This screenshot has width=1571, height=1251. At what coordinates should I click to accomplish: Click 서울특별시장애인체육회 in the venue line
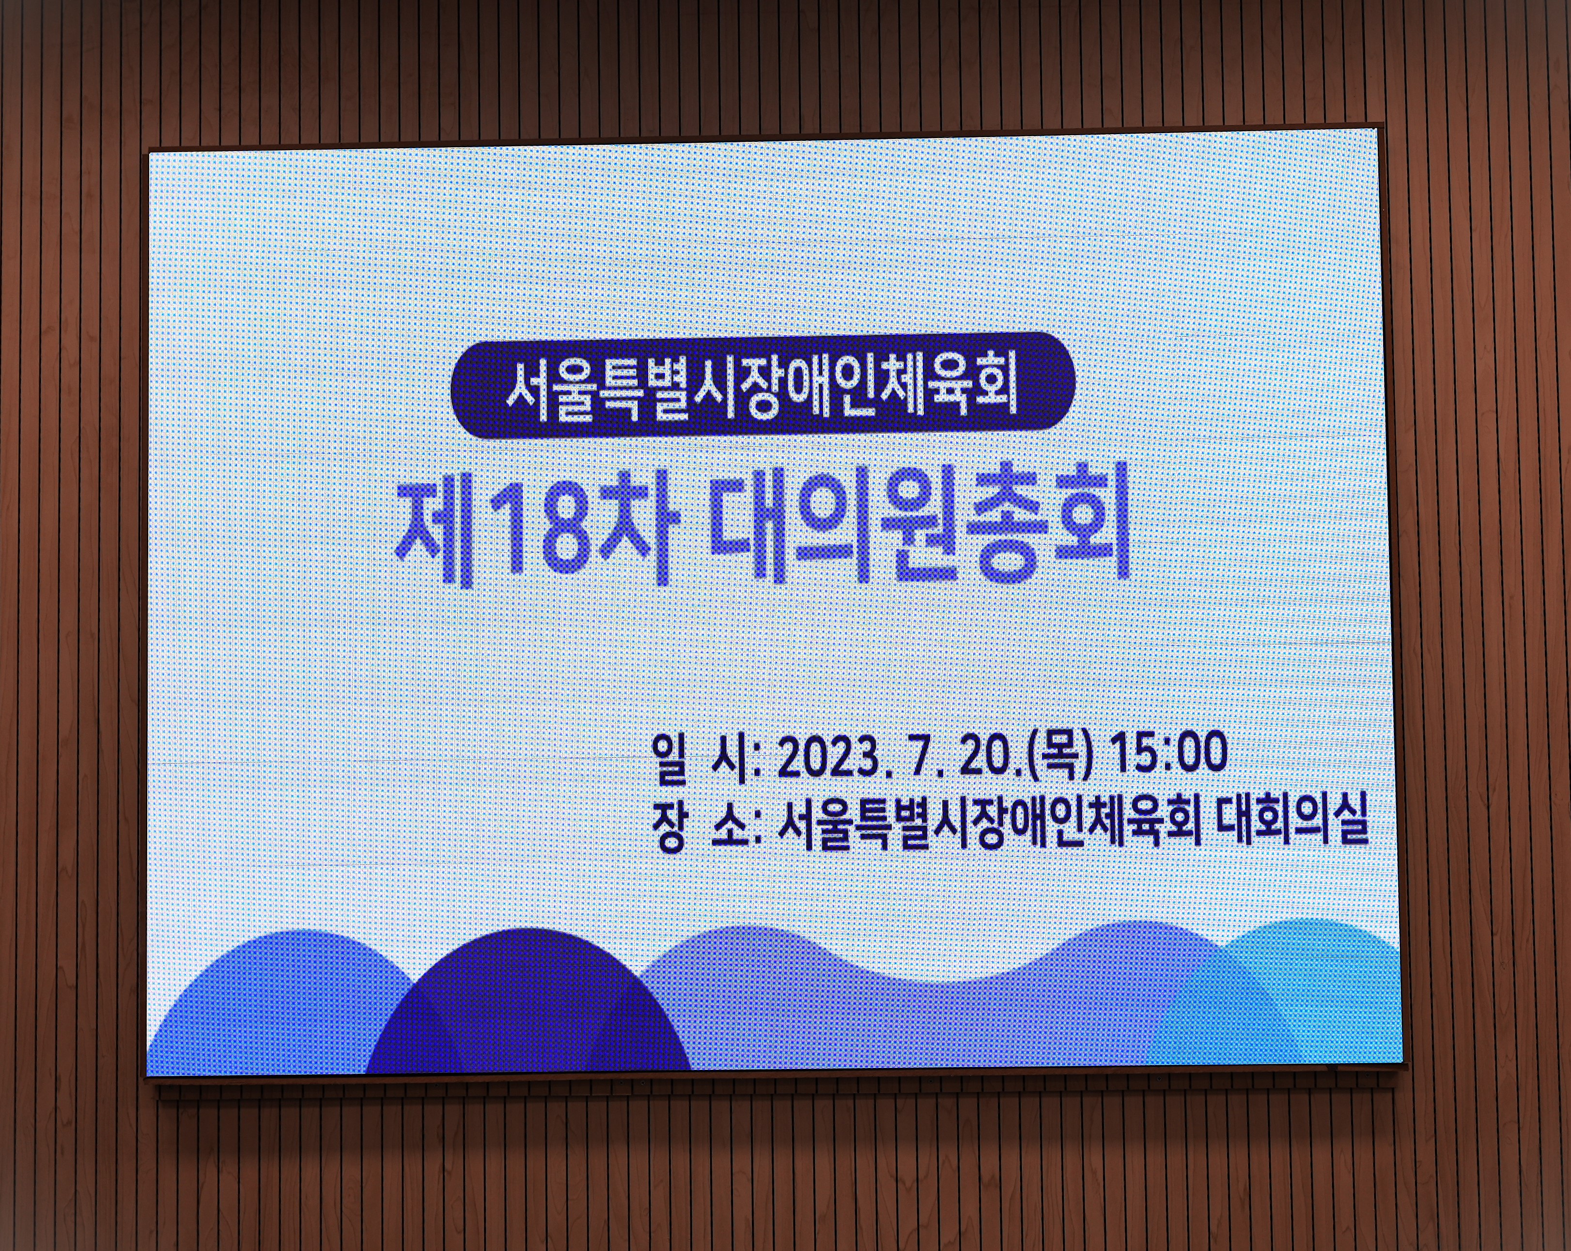(989, 826)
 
